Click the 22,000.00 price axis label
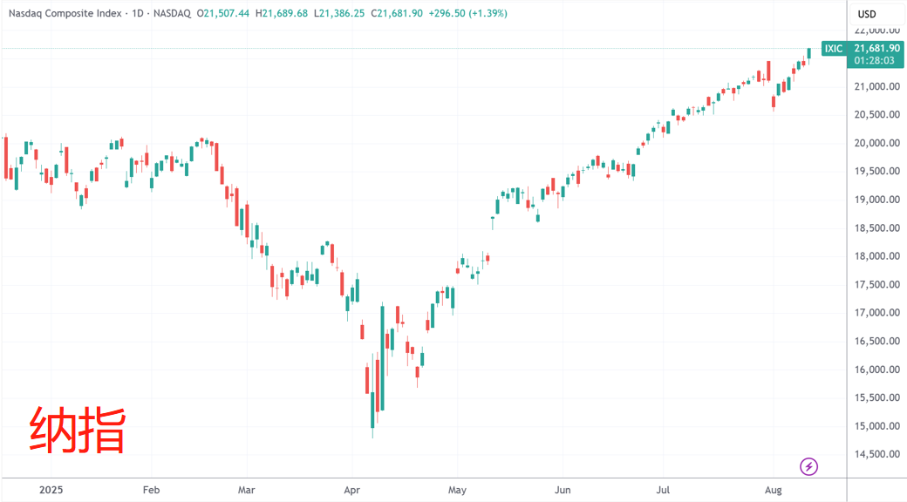(x=876, y=31)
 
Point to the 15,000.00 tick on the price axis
(x=876, y=426)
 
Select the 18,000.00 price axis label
(x=876, y=256)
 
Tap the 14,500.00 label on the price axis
(x=876, y=454)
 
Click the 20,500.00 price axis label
(x=876, y=115)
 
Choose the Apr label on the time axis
(x=351, y=491)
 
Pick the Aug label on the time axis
(x=773, y=491)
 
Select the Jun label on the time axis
(x=563, y=491)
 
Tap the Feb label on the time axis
(x=151, y=491)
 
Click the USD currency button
(x=867, y=14)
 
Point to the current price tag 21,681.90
(x=876, y=48)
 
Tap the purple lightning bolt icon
(x=809, y=466)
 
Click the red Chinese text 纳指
(x=78, y=430)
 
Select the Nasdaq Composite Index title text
(x=65, y=14)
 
